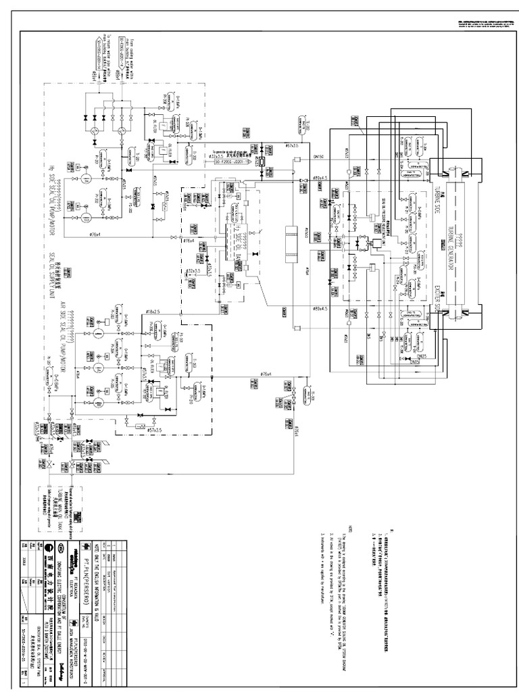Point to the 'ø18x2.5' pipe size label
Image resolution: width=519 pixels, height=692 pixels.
tap(156, 312)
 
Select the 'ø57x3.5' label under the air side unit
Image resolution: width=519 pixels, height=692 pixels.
tap(156, 430)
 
